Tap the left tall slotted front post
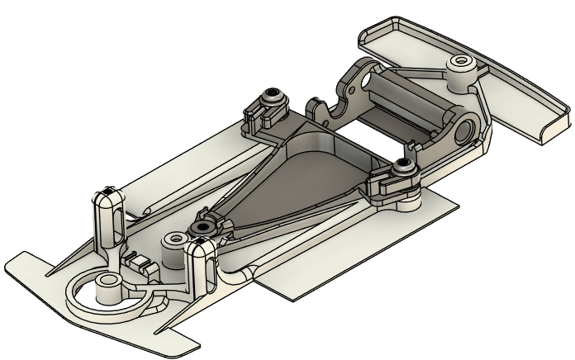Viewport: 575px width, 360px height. [x=107, y=219]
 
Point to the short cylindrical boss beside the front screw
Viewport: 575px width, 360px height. [x=173, y=240]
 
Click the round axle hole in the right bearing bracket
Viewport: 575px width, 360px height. [x=466, y=128]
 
